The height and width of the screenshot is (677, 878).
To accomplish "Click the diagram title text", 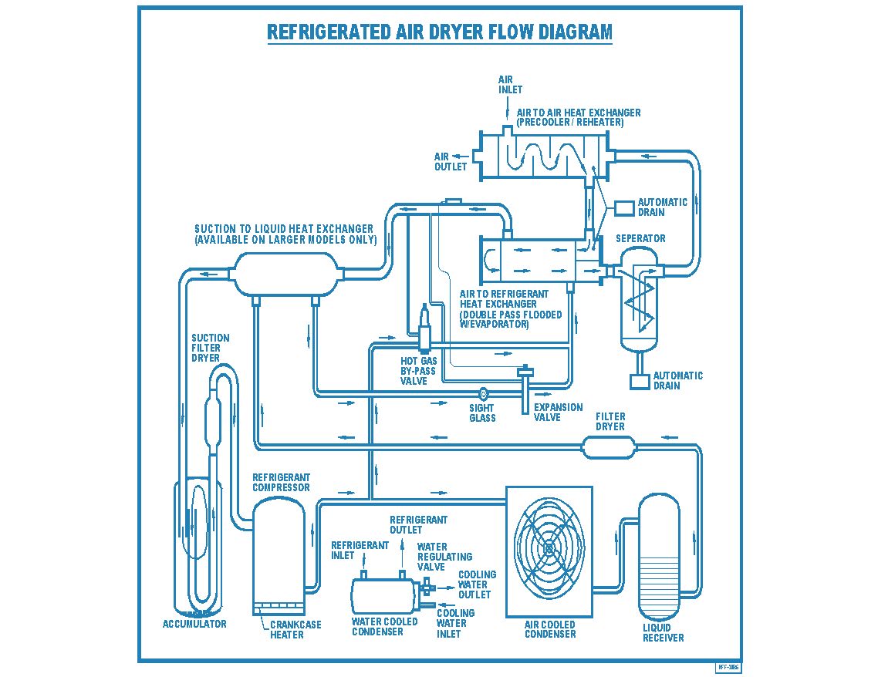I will tap(439, 32).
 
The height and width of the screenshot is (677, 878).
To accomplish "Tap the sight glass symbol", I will tap(484, 394).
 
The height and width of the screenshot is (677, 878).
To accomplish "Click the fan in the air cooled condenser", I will tap(549, 548).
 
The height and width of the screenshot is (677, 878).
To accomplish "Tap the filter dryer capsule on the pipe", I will tap(608, 446).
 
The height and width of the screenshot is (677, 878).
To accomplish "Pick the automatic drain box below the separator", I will tap(640, 381).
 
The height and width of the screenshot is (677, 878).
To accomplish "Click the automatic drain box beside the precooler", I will tap(624, 208).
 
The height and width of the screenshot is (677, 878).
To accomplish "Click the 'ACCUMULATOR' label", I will tap(194, 624).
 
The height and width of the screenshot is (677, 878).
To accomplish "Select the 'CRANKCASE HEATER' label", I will tap(295, 630).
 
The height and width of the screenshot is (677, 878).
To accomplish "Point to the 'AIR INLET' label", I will tap(510, 85).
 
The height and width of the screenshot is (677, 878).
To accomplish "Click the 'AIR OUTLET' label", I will tap(451, 162).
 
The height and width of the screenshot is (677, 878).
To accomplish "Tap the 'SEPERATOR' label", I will tap(640, 239).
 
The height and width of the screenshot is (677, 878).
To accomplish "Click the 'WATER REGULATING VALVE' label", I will tap(444, 557).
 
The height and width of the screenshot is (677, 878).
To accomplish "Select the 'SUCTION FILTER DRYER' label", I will tap(211, 348).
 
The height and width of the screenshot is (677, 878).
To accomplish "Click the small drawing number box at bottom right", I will tap(728, 667).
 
